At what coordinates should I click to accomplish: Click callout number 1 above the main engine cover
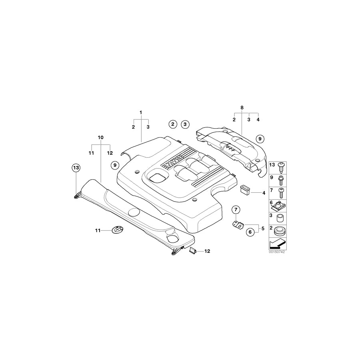tap(141, 112)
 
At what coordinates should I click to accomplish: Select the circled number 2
tap(172, 124)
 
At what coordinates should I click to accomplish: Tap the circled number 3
tap(185, 124)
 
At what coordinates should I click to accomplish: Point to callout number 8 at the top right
tap(242, 108)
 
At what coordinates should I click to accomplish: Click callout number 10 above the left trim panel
tap(101, 137)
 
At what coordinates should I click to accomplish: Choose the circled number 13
tap(76, 168)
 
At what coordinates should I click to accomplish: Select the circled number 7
tap(236, 210)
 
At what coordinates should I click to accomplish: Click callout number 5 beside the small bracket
tap(263, 228)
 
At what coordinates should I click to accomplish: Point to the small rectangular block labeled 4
tap(244, 189)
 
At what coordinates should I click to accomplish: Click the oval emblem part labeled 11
tap(117, 230)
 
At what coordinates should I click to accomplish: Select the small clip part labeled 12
tap(193, 250)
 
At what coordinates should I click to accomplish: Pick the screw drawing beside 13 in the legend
tap(280, 166)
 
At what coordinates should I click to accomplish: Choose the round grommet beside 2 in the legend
tap(280, 230)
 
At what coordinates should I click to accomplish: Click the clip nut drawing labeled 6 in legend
tap(280, 205)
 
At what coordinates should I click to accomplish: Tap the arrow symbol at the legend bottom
tap(276, 242)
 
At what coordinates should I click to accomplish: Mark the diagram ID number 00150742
tap(276, 252)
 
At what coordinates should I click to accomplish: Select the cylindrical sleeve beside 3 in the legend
tap(280, 218)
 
